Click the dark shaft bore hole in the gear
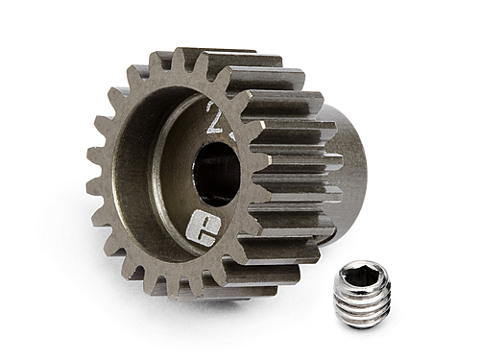[215, 173]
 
